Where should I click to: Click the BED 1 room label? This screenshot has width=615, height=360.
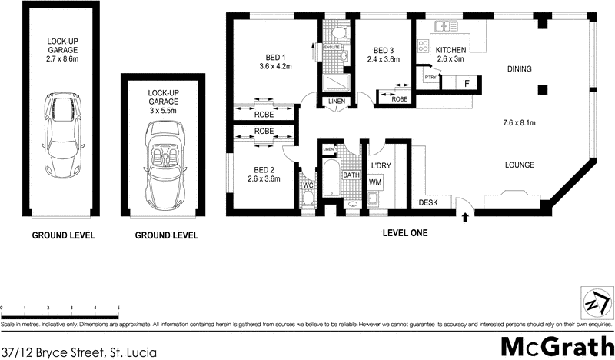pyautogui.click(x=272, y=57)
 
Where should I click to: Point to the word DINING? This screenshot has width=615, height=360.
pyautogui.click(x=520, y=70)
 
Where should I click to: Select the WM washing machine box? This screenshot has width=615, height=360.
pyautogui.click(x=376, y=182)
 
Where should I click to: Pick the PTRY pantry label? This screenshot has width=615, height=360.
pyautogui.click(x=425, y=78)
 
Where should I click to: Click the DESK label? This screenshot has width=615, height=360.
pyautogui.click(x=428, y=202)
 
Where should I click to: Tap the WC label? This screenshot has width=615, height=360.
pyautogui.click(x=307, y=185)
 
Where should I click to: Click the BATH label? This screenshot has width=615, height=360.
pyautogui.click(x=351, y=175)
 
